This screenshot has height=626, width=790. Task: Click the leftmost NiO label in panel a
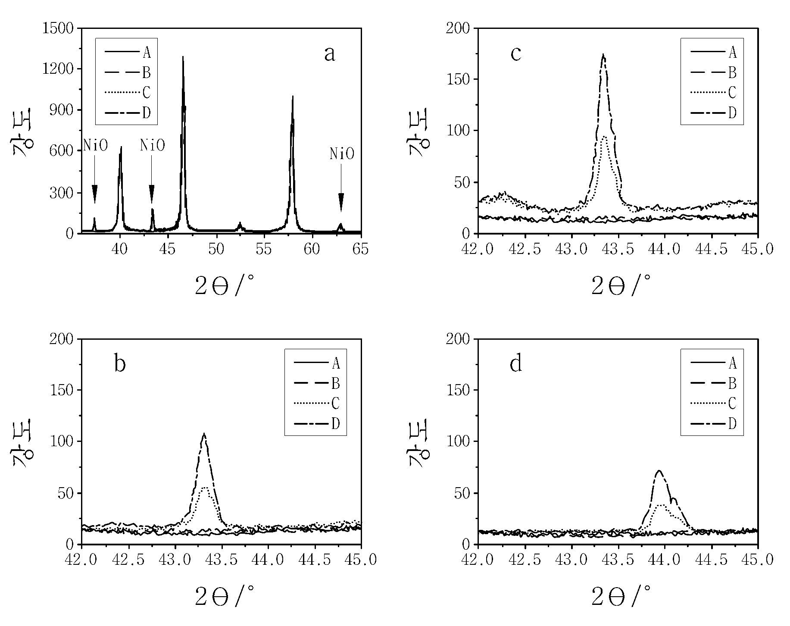[95, 145]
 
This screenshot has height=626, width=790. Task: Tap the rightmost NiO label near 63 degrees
[342, 153]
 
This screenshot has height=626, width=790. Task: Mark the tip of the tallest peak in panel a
[183, 56]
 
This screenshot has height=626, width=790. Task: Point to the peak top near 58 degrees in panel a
[293, 96]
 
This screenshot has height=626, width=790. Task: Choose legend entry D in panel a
[128, 113]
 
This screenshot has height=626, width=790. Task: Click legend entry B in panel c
[713, 72]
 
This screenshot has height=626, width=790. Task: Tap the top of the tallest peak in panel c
[603, 54]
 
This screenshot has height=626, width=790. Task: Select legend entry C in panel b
[317, 404]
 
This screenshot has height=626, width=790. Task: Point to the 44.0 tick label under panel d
[665, 560]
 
